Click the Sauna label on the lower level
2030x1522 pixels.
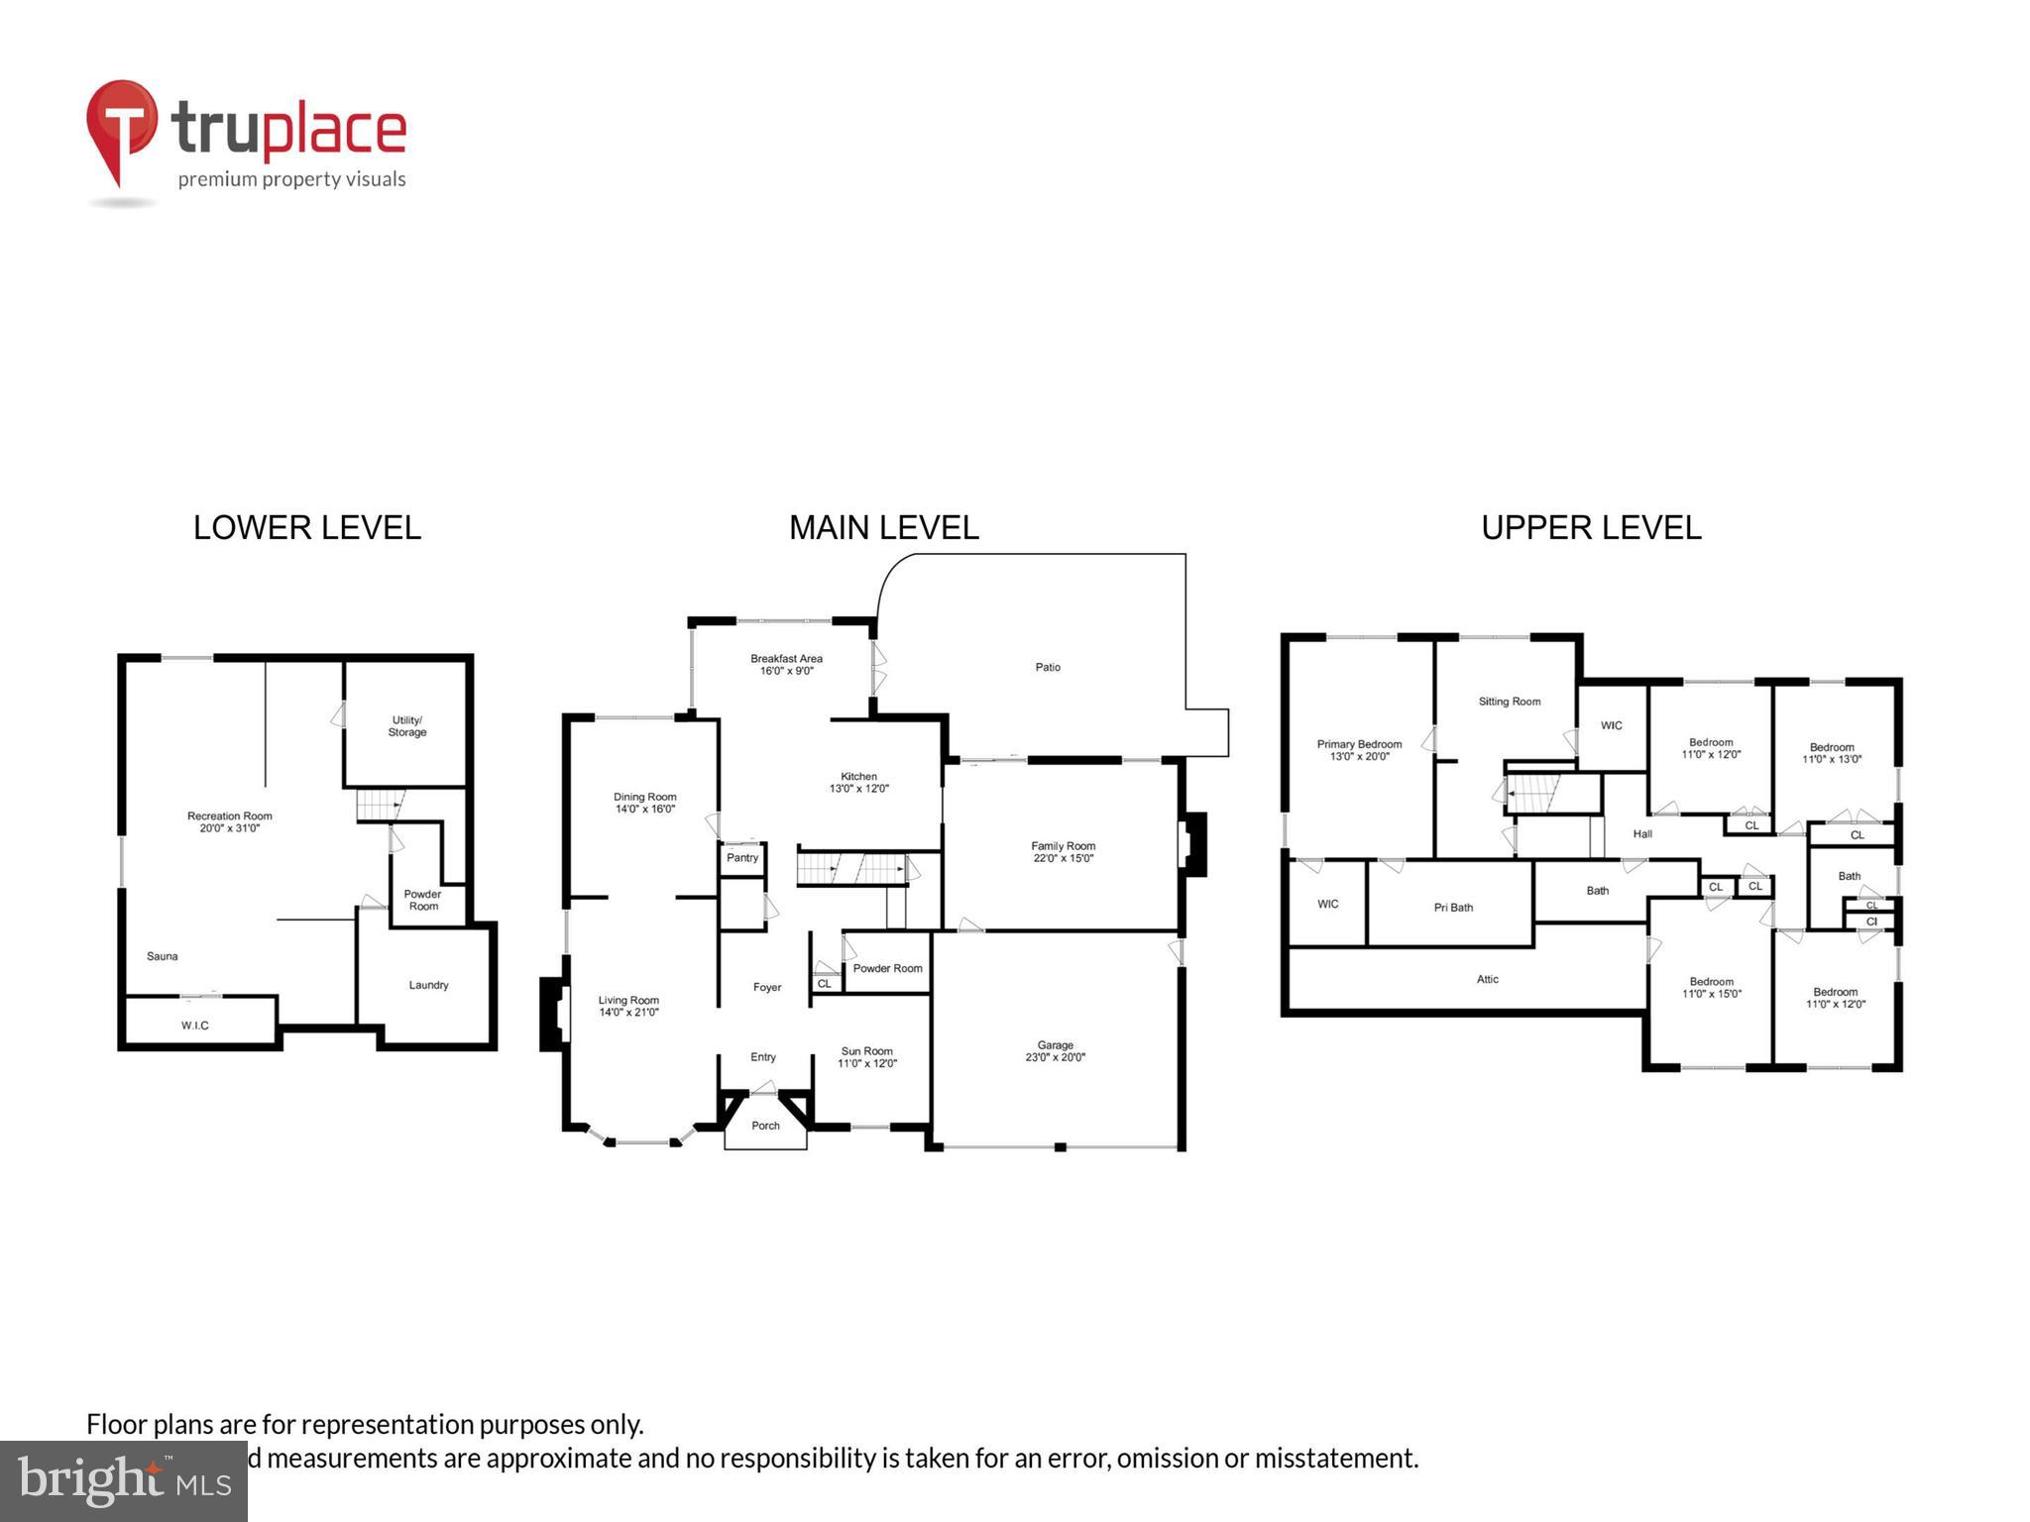(x=163, y=956)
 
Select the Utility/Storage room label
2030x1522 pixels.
(x=407, y=726)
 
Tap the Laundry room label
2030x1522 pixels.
(x=428, y=985)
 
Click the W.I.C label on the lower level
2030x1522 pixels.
(x=195, y=1026)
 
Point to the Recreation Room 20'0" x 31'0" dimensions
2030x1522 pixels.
(x=229, y=828)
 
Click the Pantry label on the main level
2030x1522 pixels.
(x=742, y=858)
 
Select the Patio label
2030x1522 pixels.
(x=1048, y=668)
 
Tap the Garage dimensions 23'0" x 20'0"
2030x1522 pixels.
(x=1055, y=1057)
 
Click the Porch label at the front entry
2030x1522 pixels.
(x=765, y=1126)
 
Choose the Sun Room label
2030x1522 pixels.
(x=866, y=1051)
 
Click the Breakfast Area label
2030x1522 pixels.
(x=786, y=659)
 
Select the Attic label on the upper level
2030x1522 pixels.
(x=1487, y=979)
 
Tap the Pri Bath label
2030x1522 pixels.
(x=1453, y=908)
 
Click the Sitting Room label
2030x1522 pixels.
(x=1509, y=702)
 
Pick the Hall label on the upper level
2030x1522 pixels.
(x=1641, y=834)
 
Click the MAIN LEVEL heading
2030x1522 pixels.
(x=883, y=527)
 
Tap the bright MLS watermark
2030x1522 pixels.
(x=124, y=1480)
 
